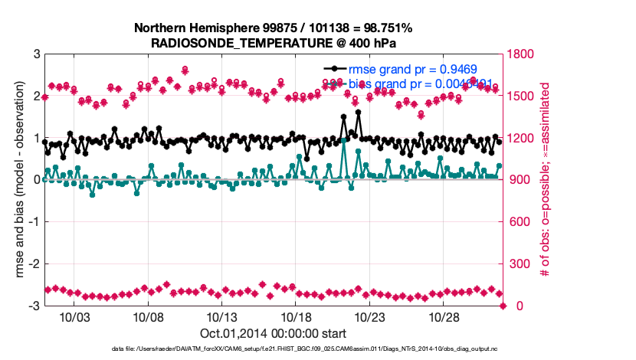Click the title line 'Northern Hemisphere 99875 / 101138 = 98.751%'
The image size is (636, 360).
pyautogui.click(x=274, y=28)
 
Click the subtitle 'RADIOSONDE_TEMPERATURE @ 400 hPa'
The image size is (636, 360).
pyautogui.click(x=274, y=43)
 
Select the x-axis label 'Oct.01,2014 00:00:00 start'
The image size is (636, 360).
pyautogui.click(x=274, y=333)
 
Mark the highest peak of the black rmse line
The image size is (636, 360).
pyautogui.click(x=358, y=112)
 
